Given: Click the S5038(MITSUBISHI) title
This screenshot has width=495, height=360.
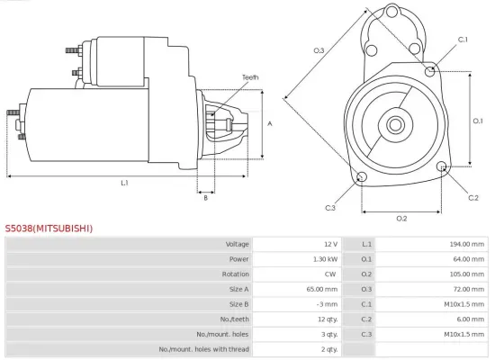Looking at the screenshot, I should [x=49, y=229].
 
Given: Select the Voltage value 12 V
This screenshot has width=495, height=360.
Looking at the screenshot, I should [x=329, y=245].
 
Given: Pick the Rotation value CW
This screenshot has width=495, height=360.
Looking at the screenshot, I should [x=330, y=274].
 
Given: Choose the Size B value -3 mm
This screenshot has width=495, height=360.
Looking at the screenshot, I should [x=327, y=304].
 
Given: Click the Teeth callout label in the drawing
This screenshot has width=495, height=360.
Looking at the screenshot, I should [x=249, y=78].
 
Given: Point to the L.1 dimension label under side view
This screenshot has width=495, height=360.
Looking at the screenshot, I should [x=125, y=183].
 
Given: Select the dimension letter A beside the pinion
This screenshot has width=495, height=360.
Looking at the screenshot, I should [x=270, y=124].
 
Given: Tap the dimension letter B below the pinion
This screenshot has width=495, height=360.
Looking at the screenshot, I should [x=205, y=198].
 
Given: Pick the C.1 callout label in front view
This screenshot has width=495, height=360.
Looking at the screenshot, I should [x=463, y=40].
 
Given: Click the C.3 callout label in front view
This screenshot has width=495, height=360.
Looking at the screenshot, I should [x=330, y=208].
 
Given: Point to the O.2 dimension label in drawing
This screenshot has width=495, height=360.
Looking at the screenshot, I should [x=401, y=219].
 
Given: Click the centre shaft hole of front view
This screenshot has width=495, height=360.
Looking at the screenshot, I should [x=396, y=121].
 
